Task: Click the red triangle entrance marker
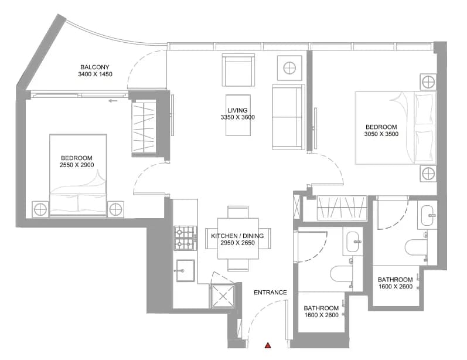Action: pos(268,345)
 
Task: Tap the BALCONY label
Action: pos(95,67)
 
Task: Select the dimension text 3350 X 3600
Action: pos(238,117)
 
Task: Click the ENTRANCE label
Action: pos(270,293)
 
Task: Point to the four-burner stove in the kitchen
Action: pos(185,238)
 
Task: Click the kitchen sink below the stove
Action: pos(185,271)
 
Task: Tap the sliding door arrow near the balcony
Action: pos(113,101)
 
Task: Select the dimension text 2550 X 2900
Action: pos(77,165)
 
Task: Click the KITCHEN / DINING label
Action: pos(237,236)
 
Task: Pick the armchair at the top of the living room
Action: pos(238,70)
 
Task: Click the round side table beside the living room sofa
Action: pos(289,68)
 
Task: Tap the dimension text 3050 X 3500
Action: pos(381,134)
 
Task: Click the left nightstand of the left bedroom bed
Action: pos(40,209)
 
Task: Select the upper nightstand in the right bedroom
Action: pos(428,81)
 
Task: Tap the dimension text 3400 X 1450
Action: pos(95,74)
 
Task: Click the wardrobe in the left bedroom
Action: pos(144,129)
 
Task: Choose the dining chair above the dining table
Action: pos(238,212)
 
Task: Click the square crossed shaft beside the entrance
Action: pos(223,296)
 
